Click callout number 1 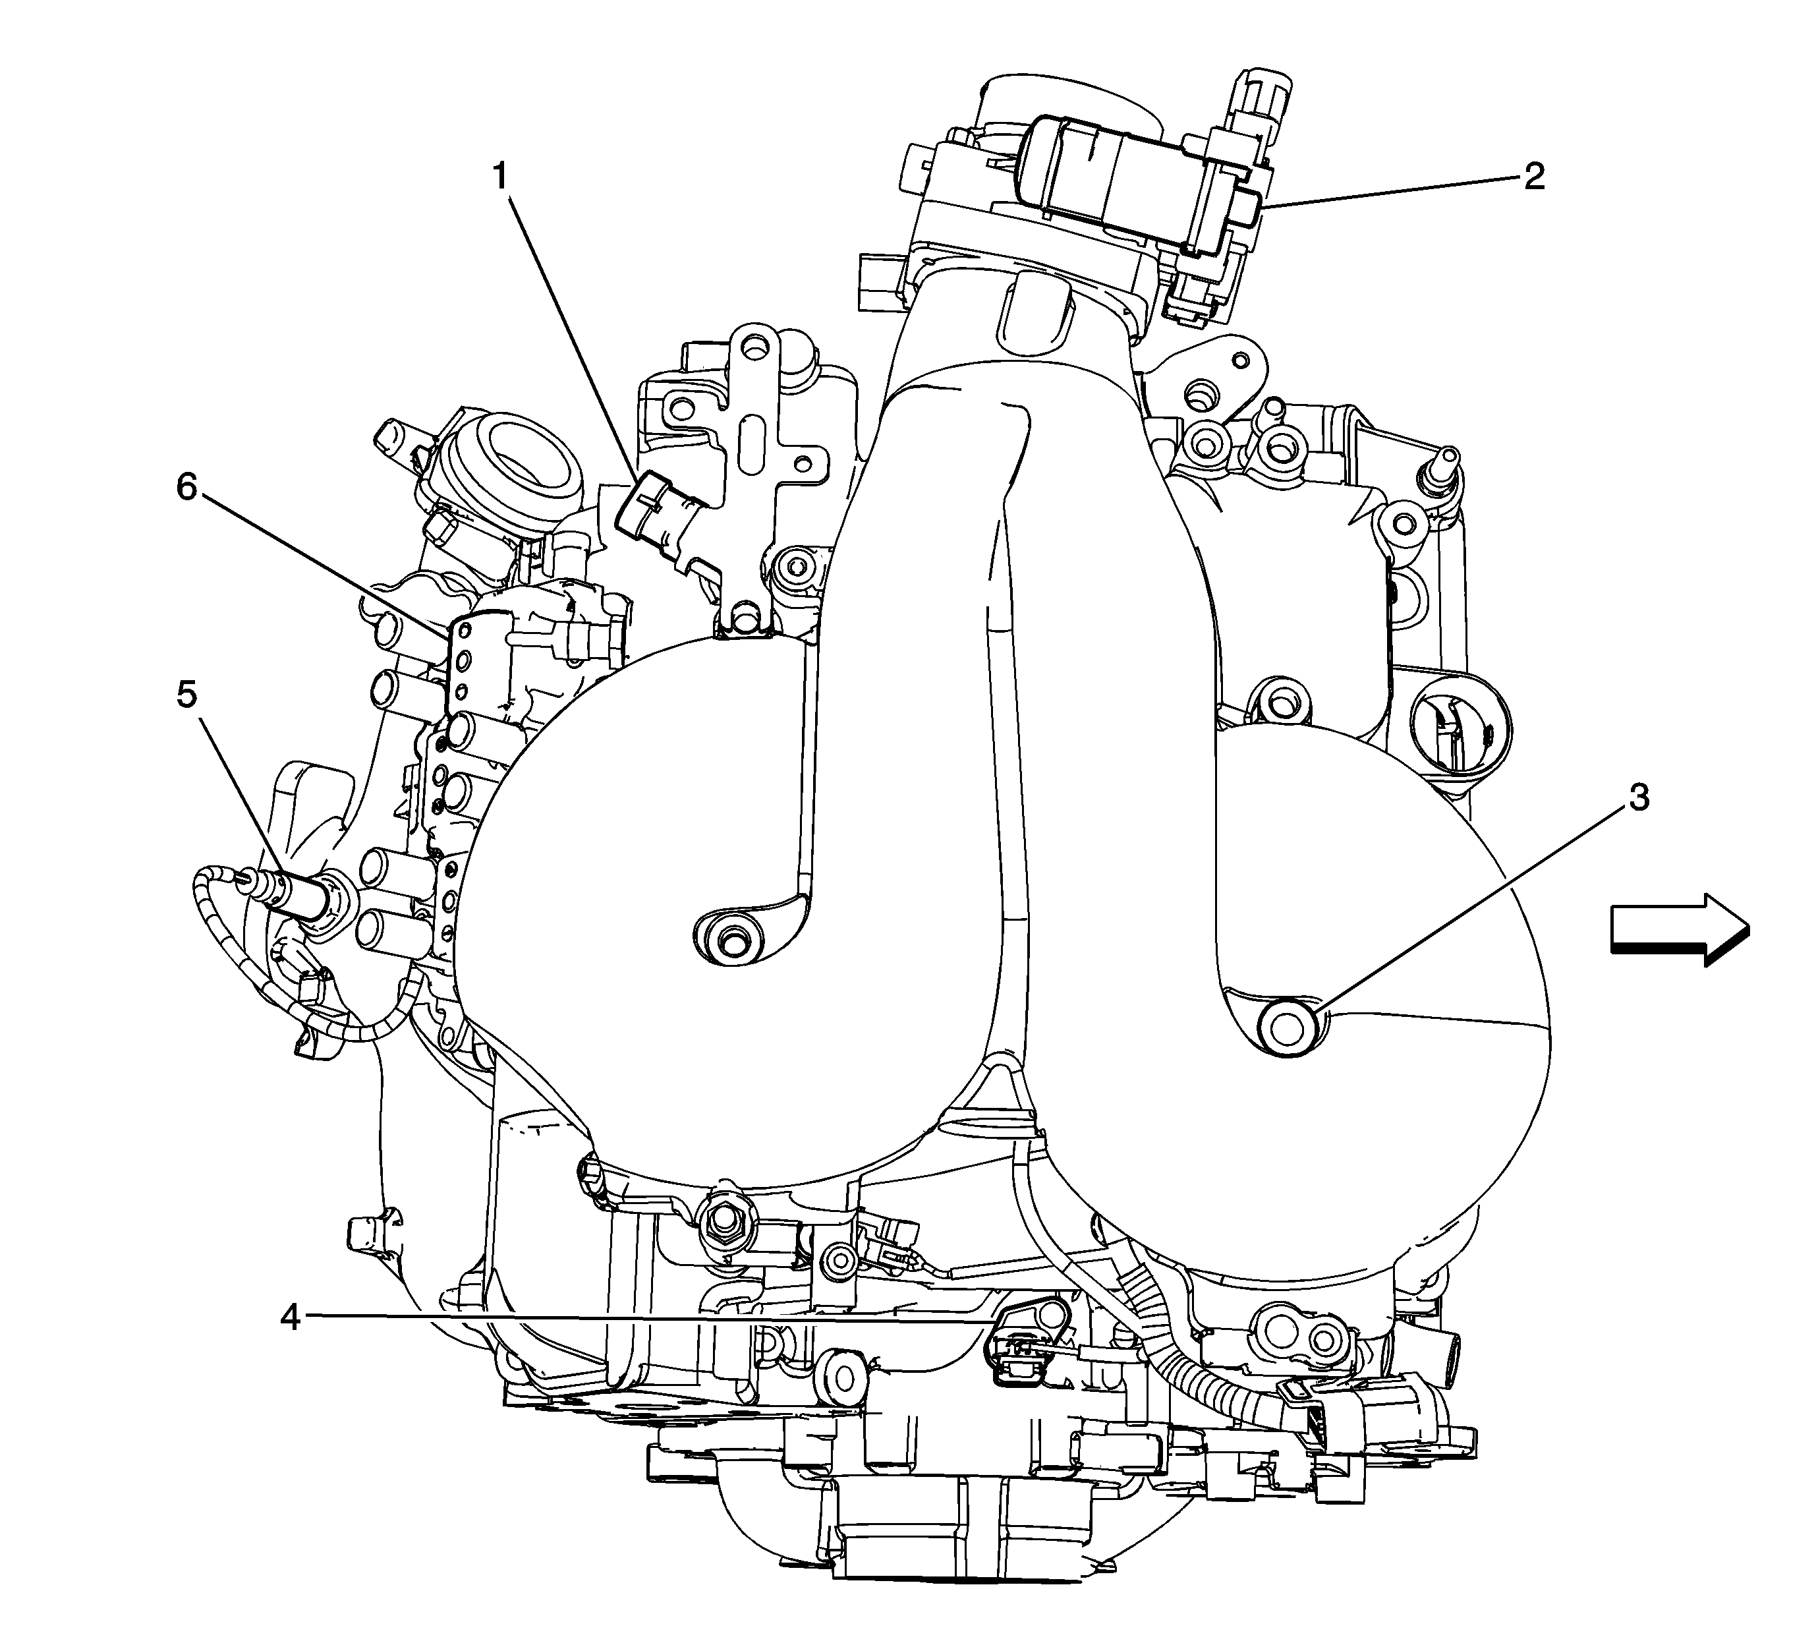(x=501, y=177)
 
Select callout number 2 (x=1534, y=176)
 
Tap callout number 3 (x=1639, y=797)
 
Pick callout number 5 (x=186, y=695)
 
